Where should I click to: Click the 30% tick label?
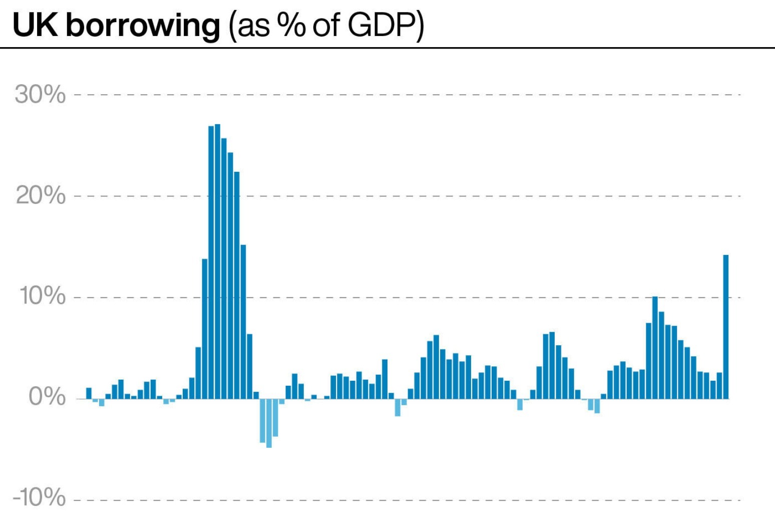point(40,94)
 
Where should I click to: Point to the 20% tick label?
point(41,195)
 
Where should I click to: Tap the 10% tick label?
point(42,297)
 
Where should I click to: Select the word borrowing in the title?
point(143,25)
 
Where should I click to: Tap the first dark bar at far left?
point(89,393)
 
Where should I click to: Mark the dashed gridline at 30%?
point(401,94)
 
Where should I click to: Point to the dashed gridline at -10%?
point(401,500)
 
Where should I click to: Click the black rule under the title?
point(387,48)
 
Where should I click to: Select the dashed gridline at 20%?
point(401,196)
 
